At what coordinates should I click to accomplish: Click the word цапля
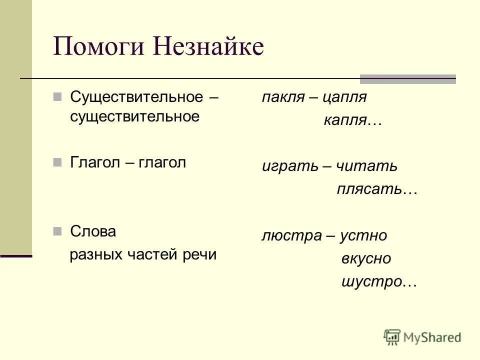[345, 97]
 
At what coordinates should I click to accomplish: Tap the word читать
[367, 166]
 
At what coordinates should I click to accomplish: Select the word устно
[363, 236]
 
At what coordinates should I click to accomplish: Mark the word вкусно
[366, 259]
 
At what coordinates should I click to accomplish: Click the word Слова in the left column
[93, 231]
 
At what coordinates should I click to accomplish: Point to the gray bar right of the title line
[408, 78]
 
